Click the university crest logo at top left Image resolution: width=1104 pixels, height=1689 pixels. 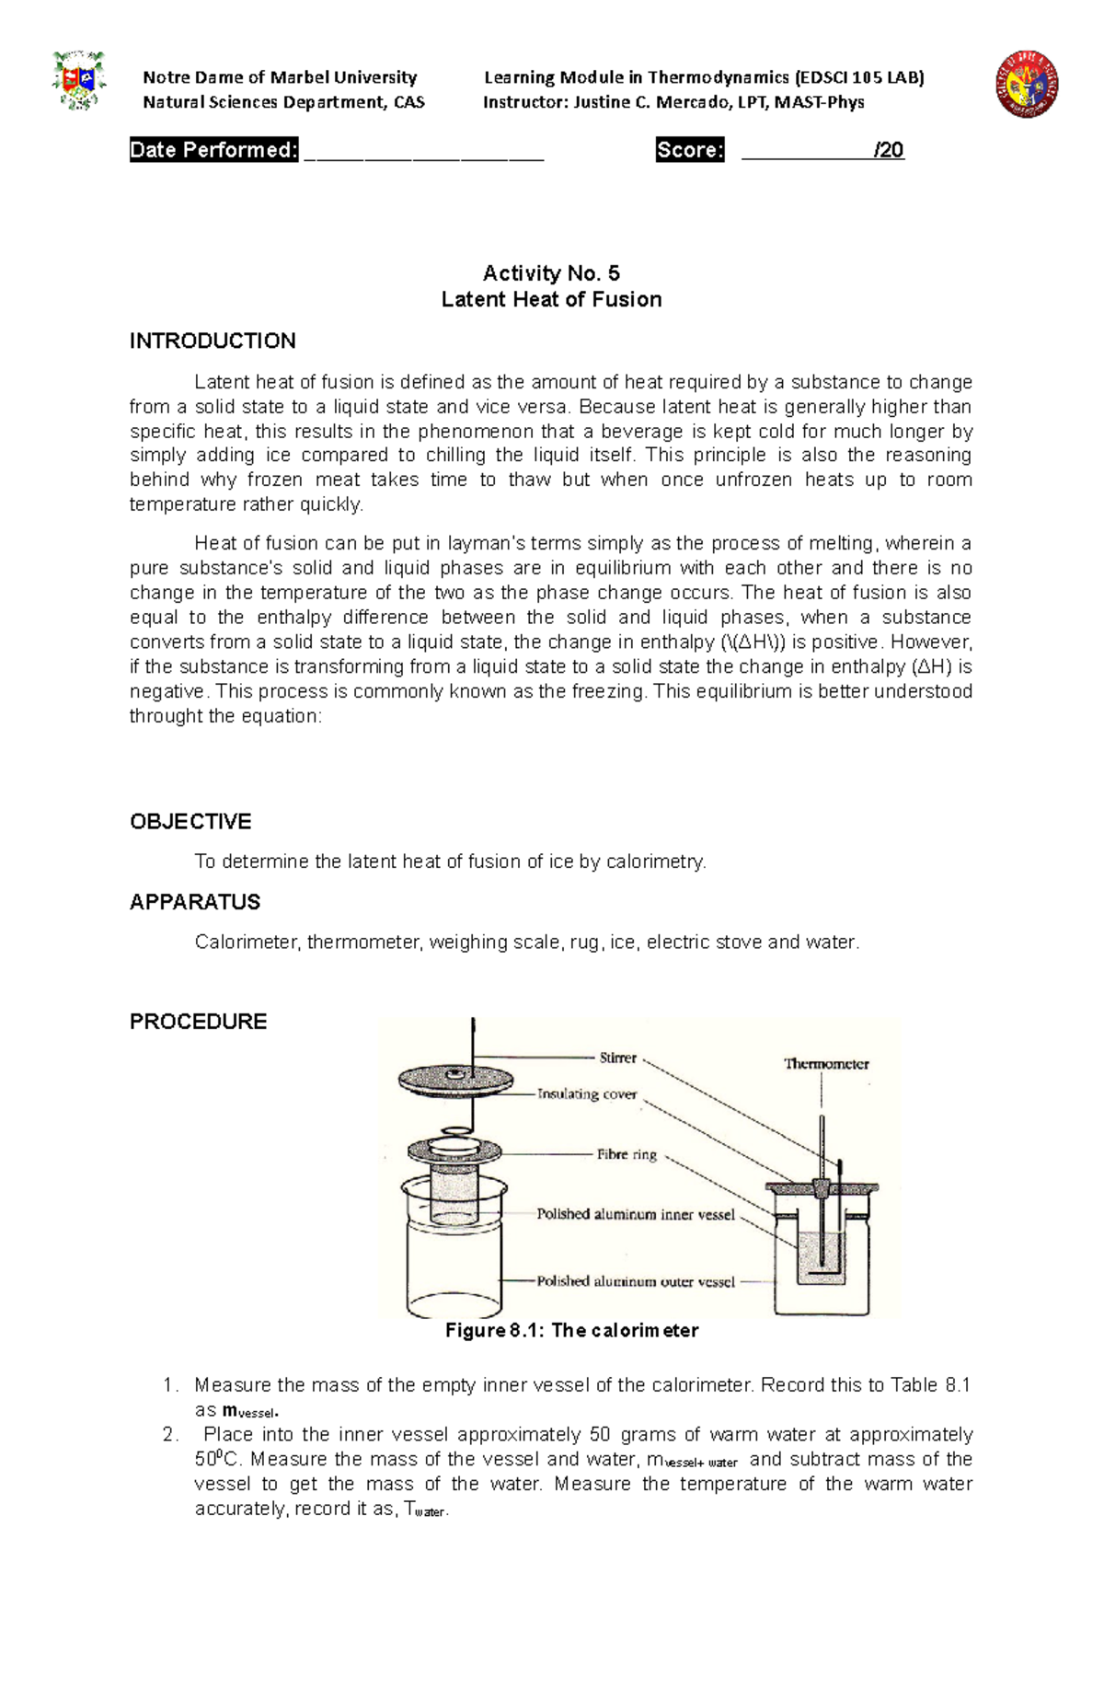pos(79,82)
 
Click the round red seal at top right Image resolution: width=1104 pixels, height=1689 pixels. pos(1027,84)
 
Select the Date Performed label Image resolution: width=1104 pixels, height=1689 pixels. pos(213,150)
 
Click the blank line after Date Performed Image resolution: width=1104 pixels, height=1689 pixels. pos(423,152)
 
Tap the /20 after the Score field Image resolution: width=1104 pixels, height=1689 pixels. pos(889,150)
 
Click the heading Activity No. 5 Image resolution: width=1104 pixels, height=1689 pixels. pos(551,273)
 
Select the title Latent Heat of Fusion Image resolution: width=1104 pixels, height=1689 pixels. pos(551,299)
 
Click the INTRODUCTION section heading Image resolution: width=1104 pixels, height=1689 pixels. pos(213,341)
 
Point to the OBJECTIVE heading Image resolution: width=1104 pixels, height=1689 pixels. pos(190,821)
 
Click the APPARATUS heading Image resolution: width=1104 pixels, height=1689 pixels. pos(195,902)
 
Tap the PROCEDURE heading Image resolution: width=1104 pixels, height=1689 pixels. pos(198,1022)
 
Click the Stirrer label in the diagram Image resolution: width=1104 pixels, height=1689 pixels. pos(617,1058)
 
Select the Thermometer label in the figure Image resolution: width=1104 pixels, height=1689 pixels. pos(826,1064)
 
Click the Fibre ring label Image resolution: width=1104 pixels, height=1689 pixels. pos(627,1154)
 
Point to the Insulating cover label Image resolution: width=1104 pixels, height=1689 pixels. pos(587,1093)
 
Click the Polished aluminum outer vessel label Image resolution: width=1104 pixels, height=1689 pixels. pos(636,1281)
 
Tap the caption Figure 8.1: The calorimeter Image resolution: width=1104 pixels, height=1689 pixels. pos(571,1330)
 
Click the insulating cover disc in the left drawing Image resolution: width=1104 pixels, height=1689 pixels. pos(455,1080)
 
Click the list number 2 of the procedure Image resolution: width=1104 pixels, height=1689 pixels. pos(169,1435)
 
